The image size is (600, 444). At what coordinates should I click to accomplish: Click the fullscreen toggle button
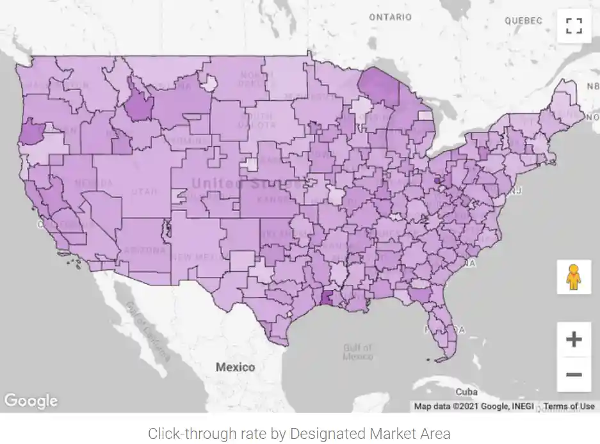pyautogui.click(x=574, y=26)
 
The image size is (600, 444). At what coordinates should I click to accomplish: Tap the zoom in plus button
pyautogui.click(x=574, y=339)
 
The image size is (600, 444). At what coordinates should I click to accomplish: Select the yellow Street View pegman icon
pyautogui.click(x=574, y=277)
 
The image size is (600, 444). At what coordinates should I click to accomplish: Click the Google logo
pyautogui.click(x=31, y=401)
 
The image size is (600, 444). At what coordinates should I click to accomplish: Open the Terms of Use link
pyautogui.click(x=569, y=406)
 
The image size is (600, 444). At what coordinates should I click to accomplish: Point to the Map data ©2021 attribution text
pyautogui.click(x=473, y=406)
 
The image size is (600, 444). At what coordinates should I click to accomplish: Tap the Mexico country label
pyautogui.click(x=235, y=367)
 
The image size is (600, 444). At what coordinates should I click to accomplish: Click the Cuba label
pyautogui.click(x=466, y=392)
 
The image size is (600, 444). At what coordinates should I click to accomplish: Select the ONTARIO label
pyautogui.click(x=390, y=17)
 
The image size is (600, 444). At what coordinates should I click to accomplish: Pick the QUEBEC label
pyautogui.click(x=523, y=20)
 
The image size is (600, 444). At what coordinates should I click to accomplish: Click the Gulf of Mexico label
pyautogui.click(x=357, y=352)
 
